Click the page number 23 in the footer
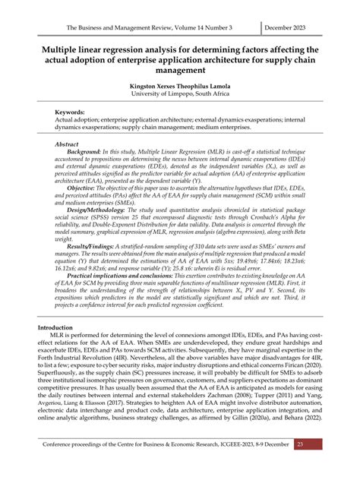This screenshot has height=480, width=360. click(321, 465)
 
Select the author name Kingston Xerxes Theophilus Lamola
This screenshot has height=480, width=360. click(179, 87)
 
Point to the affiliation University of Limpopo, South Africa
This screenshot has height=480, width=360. click(179, 96)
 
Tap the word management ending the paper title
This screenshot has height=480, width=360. click(180, 71)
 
